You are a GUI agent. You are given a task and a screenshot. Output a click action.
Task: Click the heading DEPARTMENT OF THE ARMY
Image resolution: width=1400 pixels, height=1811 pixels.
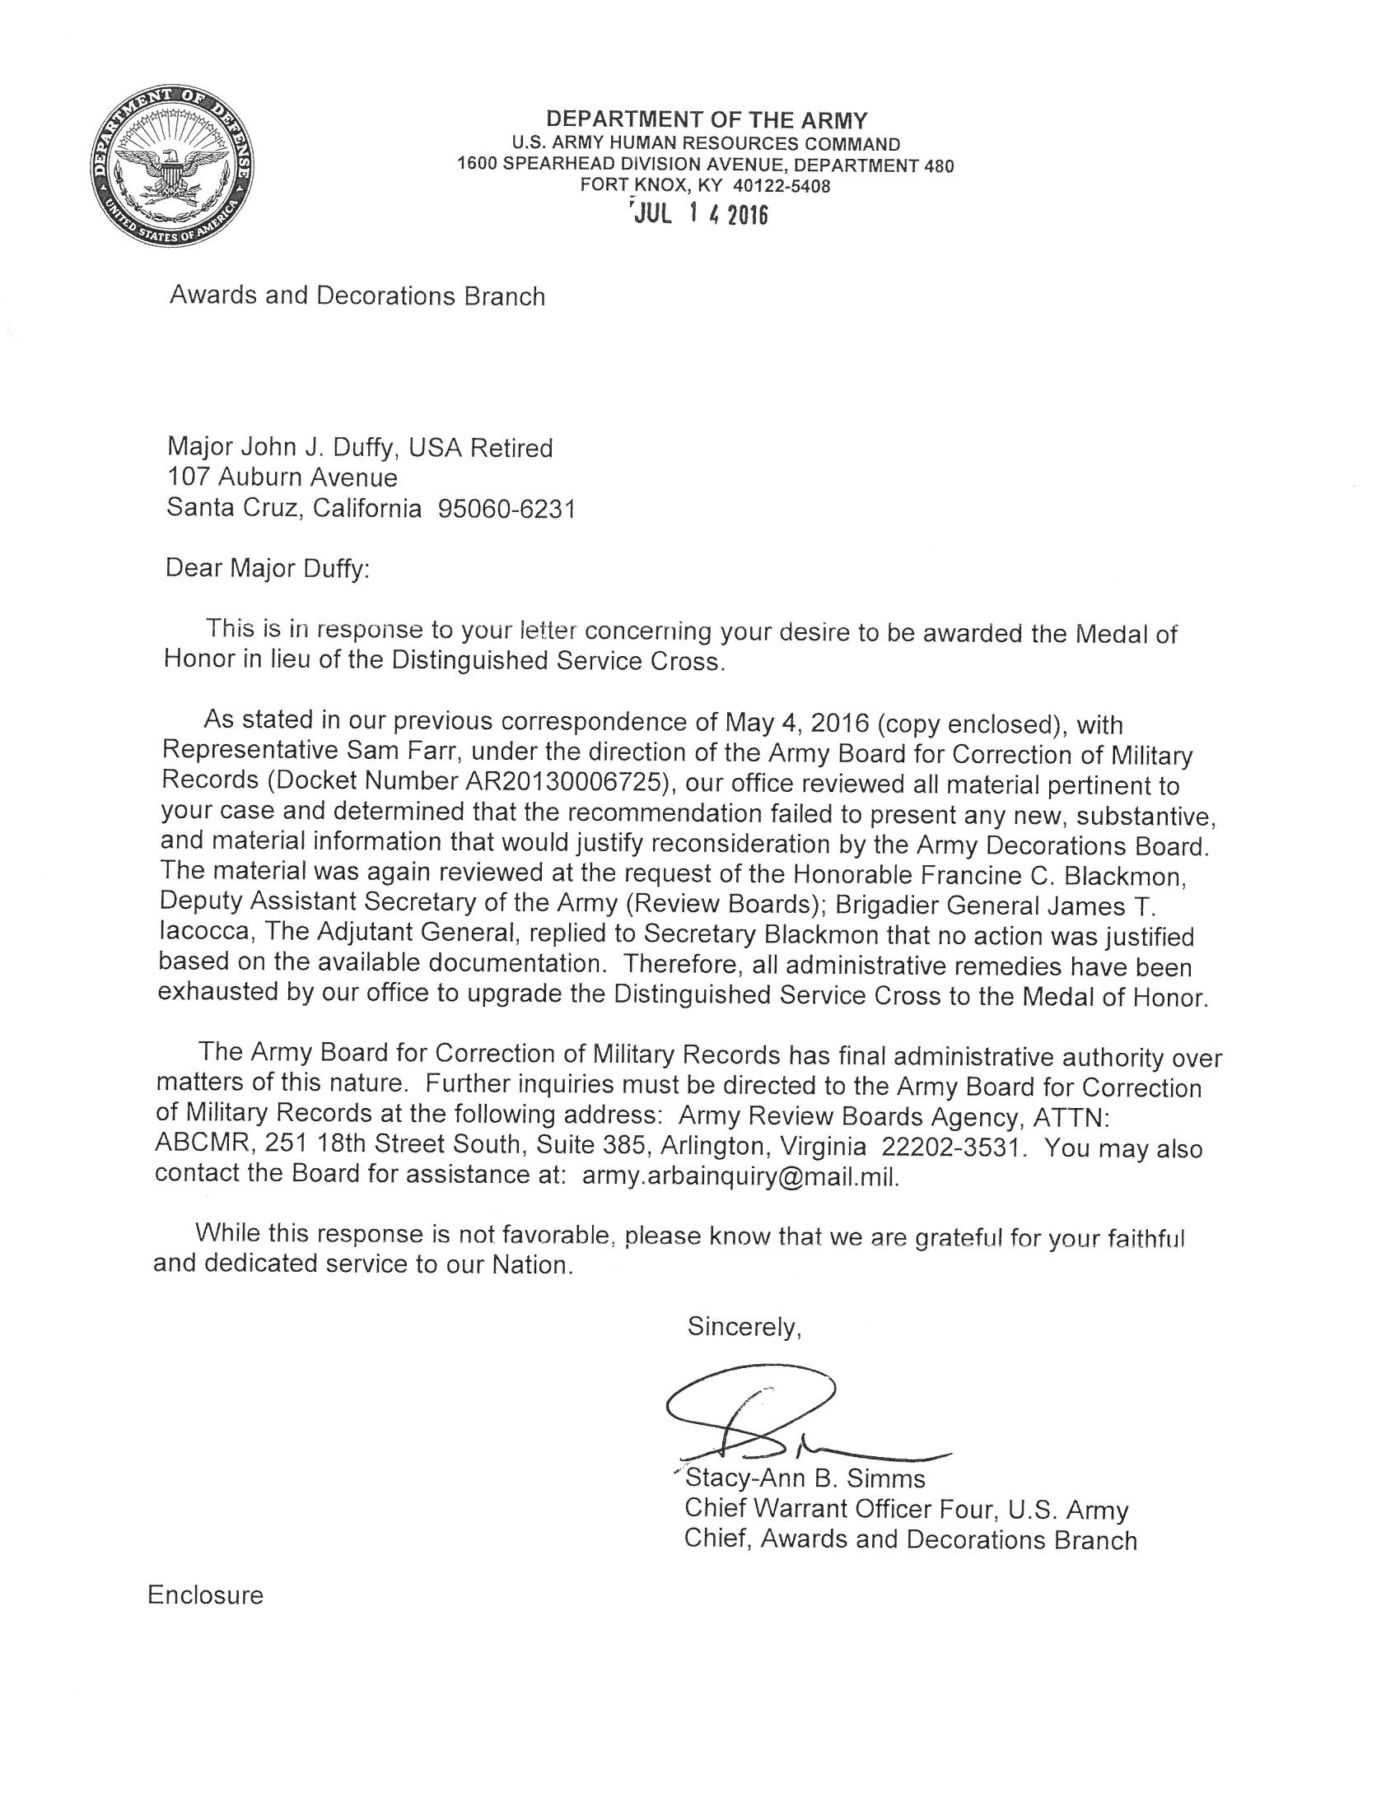tap(706, 119)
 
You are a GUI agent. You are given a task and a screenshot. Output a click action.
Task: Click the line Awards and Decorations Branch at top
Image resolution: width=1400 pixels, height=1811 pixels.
tap(357, 296)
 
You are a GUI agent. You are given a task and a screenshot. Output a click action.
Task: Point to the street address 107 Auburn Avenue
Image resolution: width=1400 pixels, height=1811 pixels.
tap(282, 477)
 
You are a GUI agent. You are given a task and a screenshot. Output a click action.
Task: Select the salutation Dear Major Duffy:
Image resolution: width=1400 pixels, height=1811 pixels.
tap(268, 569)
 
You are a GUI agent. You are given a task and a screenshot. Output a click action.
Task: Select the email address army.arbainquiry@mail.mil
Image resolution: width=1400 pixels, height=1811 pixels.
tap(740, 1177)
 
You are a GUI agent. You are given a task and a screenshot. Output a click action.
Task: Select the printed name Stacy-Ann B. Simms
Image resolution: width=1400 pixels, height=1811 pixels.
tap(805, 1478)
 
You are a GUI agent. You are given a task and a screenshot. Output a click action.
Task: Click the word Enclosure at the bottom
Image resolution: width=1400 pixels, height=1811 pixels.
tap(205, 1595)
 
